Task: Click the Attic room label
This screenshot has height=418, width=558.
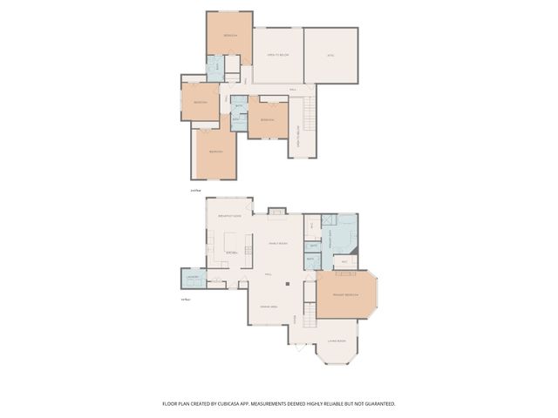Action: [x=330, y=55]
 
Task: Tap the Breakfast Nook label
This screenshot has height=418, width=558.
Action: [x=229, y=215]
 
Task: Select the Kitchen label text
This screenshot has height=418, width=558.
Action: [x=232, y=253]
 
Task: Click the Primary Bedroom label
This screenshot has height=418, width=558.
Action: [x=345, y=296]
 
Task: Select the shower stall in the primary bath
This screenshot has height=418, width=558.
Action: [x=329, y=222]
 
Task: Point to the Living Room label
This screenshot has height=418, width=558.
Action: [x=337, y=340]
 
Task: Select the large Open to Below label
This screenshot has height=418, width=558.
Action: [x=277, y=55]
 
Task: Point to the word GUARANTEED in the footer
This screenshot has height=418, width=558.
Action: [x=378, y=404]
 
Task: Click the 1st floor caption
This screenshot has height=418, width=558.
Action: [x=185, y=300]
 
